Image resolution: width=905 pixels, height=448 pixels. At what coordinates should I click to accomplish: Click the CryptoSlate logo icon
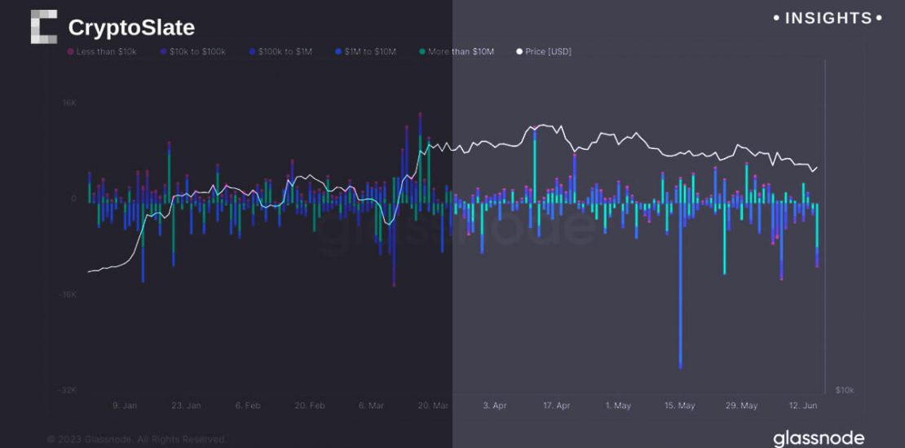click(x=44, y=27)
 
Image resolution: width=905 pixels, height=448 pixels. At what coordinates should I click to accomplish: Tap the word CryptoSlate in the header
click(x=131, y=28)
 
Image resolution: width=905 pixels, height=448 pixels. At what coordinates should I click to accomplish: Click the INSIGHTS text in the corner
click(x=827, y=18)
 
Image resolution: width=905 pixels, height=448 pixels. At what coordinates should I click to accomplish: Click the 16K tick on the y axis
click(x=68, y=103)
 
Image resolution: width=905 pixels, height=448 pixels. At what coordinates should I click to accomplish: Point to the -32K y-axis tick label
click(x=66, y=390)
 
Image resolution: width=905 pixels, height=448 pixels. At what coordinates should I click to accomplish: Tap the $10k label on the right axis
click(x=845, y=390)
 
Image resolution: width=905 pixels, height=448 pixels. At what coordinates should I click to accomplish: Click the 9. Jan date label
click(x=124, y=406)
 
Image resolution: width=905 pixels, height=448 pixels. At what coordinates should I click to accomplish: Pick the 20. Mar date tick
click(x=433, y=406)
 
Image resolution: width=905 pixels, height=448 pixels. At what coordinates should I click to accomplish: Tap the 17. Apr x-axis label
click(x=557, y=406)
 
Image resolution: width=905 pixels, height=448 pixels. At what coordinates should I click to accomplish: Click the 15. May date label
click(x=680, y=406)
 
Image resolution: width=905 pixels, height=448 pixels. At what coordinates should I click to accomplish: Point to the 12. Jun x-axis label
click(x=803, y=406)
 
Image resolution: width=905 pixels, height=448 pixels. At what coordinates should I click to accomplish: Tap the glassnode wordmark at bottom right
click(x=819, y=438)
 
